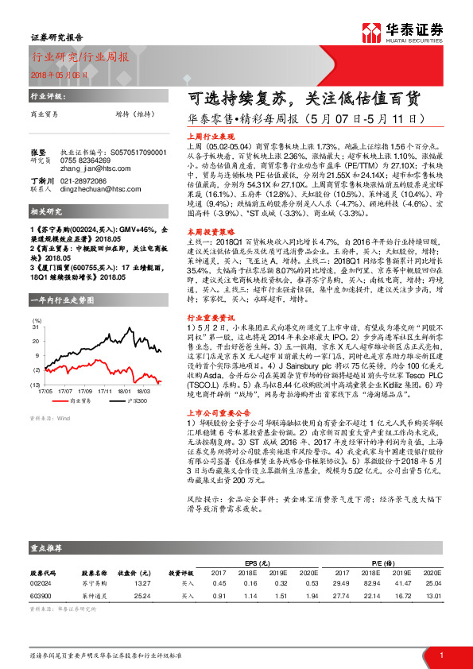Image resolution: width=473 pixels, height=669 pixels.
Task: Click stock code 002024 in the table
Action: [x=41, y=583]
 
